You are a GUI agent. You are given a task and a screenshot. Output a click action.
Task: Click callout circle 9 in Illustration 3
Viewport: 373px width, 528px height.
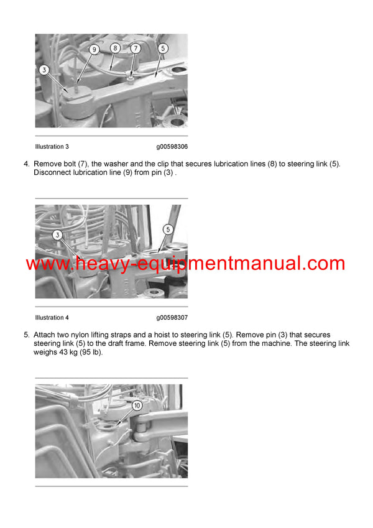coord(94,49)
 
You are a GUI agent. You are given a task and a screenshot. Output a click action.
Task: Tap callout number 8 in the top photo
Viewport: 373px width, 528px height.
coord(115,47)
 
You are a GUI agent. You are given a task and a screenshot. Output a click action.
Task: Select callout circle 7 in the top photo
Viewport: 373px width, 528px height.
coord(136,48)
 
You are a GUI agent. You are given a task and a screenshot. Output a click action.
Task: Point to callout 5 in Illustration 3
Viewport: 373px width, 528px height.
coord(163,47)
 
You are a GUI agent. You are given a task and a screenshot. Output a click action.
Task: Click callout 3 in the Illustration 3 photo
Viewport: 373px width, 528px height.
coord(44,70)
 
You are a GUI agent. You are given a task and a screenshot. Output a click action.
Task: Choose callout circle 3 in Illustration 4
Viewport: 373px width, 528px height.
coord(57,234)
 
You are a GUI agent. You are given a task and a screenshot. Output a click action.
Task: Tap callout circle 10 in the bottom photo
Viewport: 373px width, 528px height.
coord(137,404)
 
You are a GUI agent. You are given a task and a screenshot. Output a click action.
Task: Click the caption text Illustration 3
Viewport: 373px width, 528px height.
coord(52,147)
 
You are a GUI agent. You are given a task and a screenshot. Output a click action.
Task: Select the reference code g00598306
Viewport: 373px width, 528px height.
coord(172,147)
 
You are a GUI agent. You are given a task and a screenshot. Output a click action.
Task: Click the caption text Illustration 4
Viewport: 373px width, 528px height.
coord(52,318)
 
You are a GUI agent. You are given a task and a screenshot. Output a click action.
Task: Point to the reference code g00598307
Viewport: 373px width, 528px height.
coord(172,318)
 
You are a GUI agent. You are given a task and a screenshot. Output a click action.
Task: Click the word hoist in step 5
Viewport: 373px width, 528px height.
coord(162,335)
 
